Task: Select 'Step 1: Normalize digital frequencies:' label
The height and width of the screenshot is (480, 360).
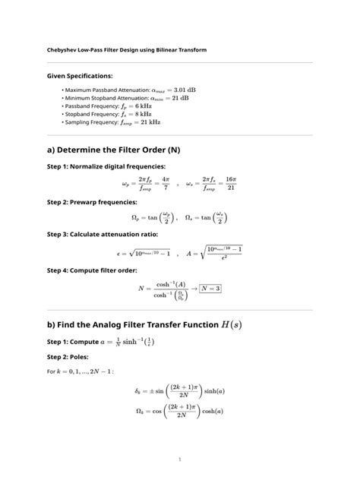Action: coord(106,166)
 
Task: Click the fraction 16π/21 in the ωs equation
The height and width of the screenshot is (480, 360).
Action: coord(230,183)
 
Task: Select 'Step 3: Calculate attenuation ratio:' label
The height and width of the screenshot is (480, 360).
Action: coord(103,235)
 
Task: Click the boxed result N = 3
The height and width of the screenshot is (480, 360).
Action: coord(211,289)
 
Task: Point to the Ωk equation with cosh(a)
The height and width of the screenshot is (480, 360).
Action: coord(180,412)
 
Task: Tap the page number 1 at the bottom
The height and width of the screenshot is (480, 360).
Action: coord(180,459)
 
